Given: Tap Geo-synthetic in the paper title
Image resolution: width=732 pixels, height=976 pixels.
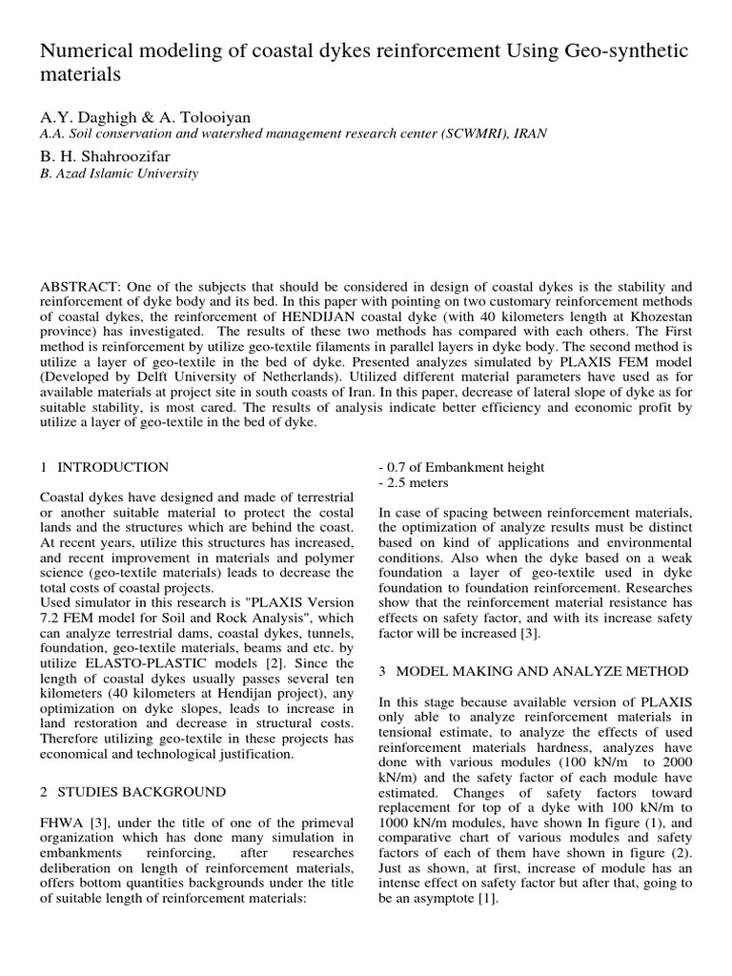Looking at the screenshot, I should [x=623, y=50].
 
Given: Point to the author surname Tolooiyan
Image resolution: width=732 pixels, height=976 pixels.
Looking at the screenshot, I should [x=208, y=117].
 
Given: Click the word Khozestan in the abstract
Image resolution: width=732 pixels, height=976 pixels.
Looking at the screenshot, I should [x=658, y=317].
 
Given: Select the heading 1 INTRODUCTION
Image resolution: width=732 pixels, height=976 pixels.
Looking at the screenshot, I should [x=105, y=467].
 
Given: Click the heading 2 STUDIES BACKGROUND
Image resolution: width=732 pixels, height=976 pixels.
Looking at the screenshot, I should [x=132, y=792].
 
